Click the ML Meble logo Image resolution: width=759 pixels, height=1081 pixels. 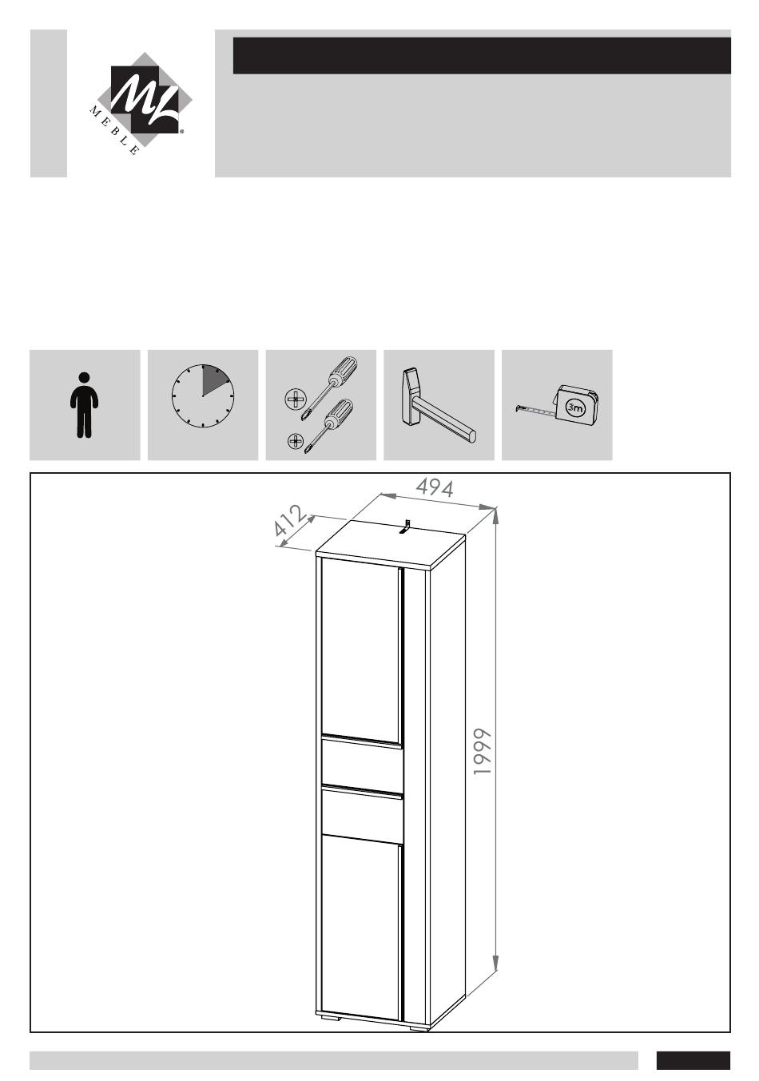(x=141, y=103)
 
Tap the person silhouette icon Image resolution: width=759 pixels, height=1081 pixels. (x=85, y=405)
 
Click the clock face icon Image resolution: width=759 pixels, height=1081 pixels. (x=203, y=395)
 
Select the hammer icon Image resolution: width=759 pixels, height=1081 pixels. (x=438, y=405)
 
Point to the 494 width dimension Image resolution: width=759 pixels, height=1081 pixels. (x=435, y=487)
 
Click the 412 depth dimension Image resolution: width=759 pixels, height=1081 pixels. (x=290, y=521)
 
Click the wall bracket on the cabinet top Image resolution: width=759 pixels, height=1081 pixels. (x=405, y=527)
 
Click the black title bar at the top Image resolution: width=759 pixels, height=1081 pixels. (x=482, y=55)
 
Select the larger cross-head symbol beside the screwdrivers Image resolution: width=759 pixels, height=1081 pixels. (x=296, y=399)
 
